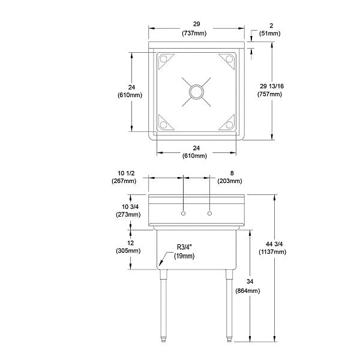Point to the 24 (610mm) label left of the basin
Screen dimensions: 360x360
(131, 91)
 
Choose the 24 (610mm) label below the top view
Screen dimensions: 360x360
(196, 152)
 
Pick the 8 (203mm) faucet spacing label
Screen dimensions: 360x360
(230, 176)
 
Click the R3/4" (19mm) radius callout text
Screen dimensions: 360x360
(185, 251)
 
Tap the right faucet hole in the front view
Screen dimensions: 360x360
(210, 214)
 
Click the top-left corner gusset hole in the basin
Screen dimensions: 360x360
(163, 59)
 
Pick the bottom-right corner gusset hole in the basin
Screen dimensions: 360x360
(230, 125)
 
